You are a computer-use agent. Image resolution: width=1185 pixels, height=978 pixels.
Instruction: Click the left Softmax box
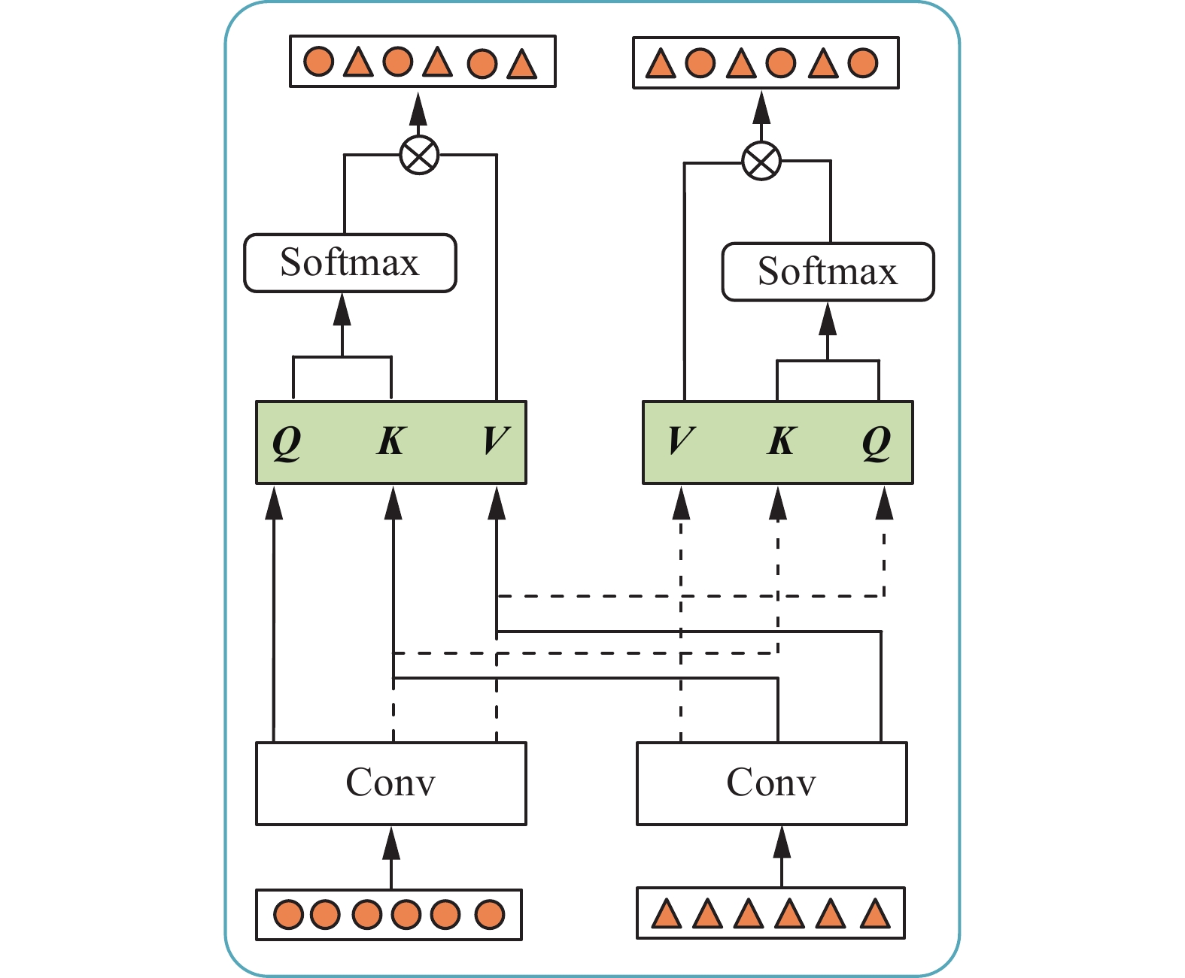(350, 262)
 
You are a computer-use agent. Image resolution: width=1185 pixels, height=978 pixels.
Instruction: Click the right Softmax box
(828, 271)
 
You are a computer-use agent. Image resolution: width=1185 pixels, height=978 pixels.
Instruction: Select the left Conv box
(390, 783)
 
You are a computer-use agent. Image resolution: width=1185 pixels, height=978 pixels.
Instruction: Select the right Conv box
(771, 783)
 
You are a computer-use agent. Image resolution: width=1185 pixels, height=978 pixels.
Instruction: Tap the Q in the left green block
(287, 441)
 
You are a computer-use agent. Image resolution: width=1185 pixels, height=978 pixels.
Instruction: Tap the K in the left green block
(391, 441)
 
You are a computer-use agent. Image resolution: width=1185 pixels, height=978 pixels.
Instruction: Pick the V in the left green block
(496, 441)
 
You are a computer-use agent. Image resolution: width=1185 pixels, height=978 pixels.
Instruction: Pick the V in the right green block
(681, 441)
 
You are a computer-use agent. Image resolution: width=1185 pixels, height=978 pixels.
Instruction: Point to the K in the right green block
(782, 441)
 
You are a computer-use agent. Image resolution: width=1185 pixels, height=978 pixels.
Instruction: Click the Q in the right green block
(877, 441)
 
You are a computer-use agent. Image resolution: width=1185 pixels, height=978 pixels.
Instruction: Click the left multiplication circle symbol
(419, 156)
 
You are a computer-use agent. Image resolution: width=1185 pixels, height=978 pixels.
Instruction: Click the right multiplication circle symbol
(761, 161)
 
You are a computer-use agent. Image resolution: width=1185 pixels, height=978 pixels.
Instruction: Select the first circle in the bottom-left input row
(288, 915)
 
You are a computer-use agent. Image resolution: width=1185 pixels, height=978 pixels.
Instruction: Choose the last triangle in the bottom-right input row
(874, 914)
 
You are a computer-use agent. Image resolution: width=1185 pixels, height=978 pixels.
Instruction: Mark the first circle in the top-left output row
(319, 61)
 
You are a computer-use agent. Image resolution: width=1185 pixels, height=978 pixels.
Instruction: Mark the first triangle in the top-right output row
(661, 64)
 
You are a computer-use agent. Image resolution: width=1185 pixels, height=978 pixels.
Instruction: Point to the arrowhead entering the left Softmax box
(342, 310)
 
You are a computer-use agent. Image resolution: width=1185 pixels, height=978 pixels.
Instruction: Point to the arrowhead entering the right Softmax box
(828, 319)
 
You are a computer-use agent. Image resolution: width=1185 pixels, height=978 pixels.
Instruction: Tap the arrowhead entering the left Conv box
(390, 843)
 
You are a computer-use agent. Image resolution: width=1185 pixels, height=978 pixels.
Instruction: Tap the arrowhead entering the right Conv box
(782, 843)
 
